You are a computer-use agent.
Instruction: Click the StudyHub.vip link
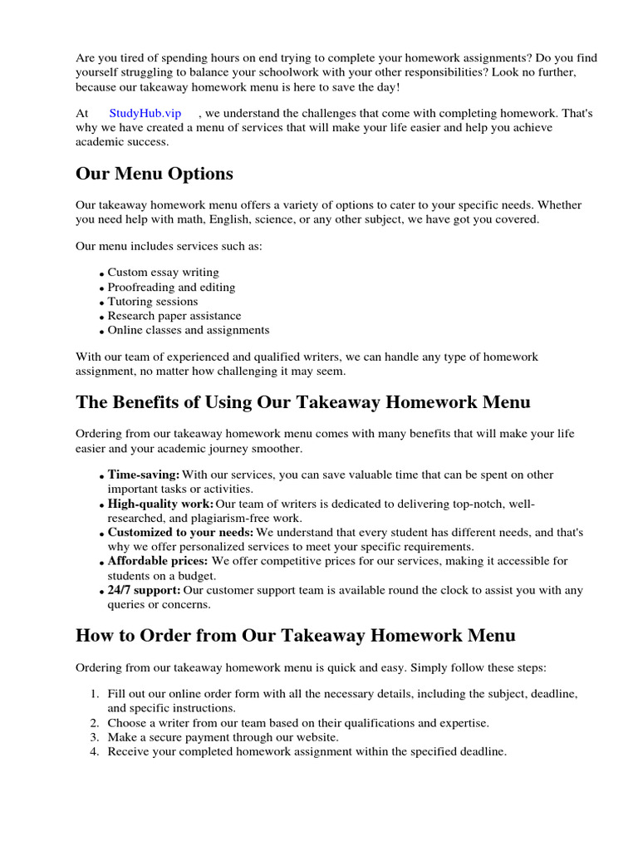click(145, 113)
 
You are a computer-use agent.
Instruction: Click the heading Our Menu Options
click(154, 174)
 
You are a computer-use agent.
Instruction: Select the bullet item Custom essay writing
click(163, 273)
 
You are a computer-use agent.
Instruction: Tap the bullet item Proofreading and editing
click(171, 288)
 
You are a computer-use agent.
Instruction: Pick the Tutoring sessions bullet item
click(152, 302)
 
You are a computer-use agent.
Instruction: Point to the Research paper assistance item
click(174, 316)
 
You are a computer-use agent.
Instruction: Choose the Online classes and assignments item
click(188, 330)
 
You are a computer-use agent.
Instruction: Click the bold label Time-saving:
click(143, 475)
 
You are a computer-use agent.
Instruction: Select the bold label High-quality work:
click(160, 504)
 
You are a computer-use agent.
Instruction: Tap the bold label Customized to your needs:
click(180, 533)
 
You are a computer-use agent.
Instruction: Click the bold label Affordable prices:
click(158, 561)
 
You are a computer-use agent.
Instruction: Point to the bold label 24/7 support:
click(144, 590)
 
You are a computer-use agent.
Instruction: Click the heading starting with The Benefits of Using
click(302, 402)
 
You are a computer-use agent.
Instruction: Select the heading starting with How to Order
click(295, 636)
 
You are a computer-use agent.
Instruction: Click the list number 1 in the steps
click(93, 694)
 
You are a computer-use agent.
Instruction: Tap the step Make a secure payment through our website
click(223, 737)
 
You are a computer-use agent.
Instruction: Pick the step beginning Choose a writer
click(297, 723)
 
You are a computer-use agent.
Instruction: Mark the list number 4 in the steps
click(93, 752)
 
